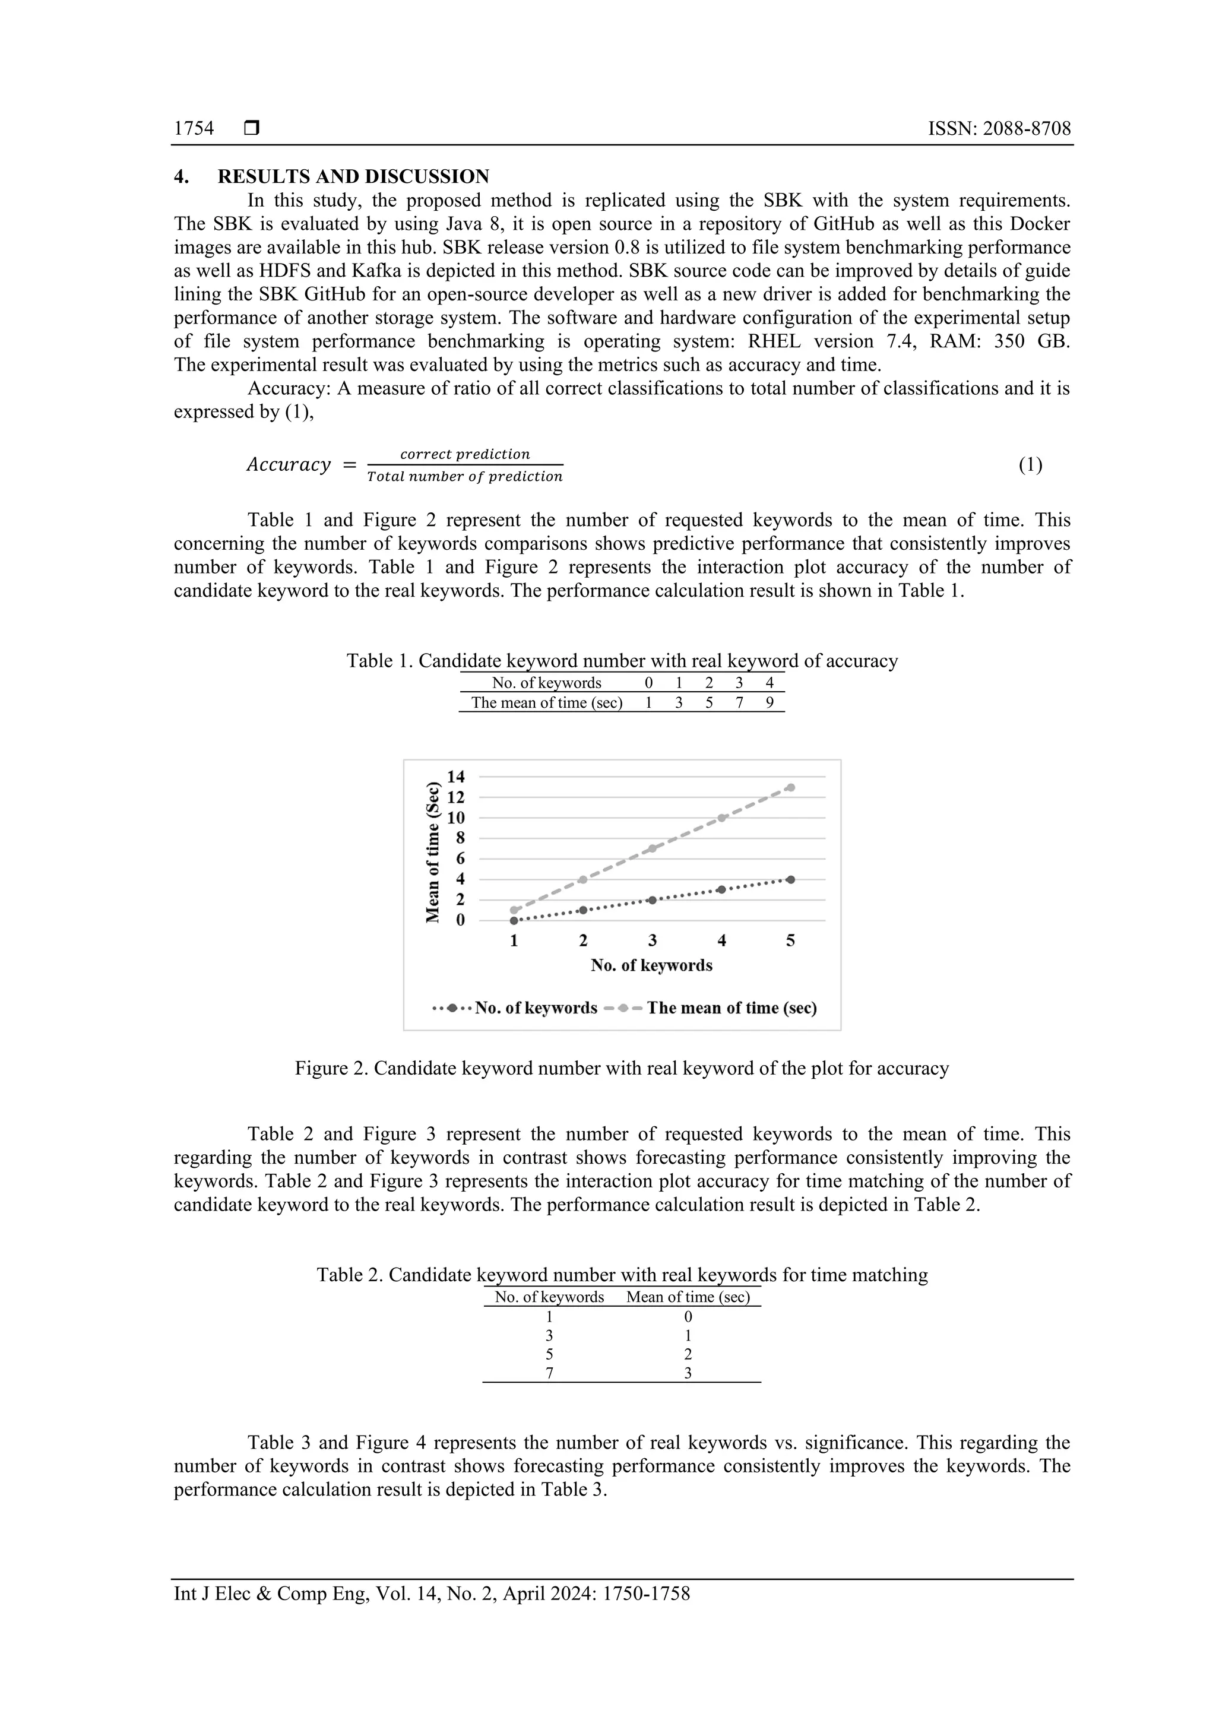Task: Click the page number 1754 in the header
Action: point(194,129)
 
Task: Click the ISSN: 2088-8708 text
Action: point(999,129)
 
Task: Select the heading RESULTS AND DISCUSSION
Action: point(353,177)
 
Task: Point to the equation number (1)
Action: point(1030,465)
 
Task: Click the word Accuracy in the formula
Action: point(289,465)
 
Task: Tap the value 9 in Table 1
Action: point(769,703)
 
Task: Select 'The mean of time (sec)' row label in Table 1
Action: point(546,703)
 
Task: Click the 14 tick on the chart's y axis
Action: point(455,777)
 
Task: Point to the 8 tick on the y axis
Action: point(460,838)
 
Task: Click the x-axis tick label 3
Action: point(652,941)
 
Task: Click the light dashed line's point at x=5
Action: point(790,787)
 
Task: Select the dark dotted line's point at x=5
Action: point(790,879)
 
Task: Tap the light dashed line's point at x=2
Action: point(583,879)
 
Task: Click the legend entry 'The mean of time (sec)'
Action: point(731,1008)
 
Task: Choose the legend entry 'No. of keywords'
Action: point(536,1008)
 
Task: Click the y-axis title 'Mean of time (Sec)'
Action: point(432,853)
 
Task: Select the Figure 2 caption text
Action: point(621,1068)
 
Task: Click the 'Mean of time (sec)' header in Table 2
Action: point(687,1297)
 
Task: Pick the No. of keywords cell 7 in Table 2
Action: point(549,1373)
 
